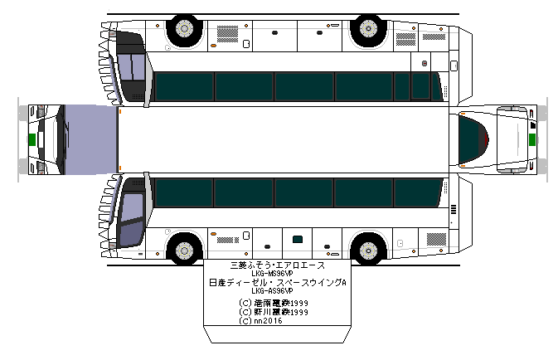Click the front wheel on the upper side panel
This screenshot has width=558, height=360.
(184, 31)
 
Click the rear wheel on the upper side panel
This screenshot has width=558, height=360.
(366, 31)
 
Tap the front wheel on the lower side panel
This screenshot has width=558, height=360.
(184, 250)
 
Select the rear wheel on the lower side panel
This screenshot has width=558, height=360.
(366, 250)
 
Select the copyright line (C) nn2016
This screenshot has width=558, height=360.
(260, 321)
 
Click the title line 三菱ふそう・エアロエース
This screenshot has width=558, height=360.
(277, 265)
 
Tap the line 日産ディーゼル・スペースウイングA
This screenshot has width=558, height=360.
(278, 283)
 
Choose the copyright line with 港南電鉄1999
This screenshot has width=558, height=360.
(273, 304)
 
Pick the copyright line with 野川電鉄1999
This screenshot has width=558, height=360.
(273, 312)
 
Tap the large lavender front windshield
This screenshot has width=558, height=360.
(88, 140)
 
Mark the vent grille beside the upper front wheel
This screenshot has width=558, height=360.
(226, 32)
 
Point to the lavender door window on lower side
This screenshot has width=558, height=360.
(131, 221)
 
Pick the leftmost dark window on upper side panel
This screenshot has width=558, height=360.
(183, 85)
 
